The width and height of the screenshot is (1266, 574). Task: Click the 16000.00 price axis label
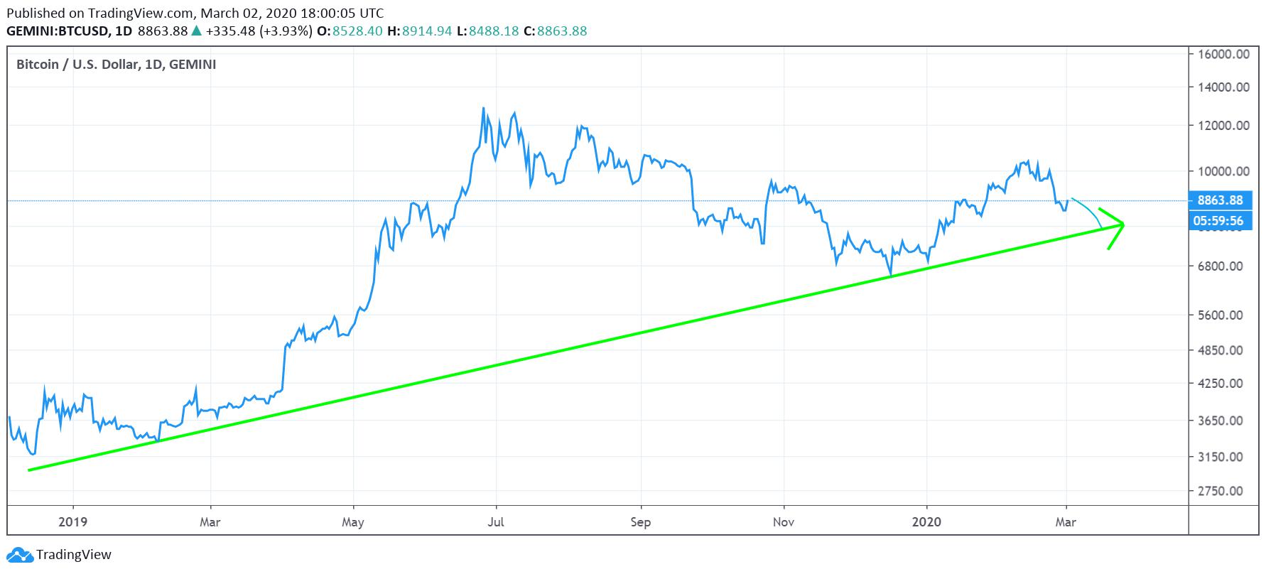tap(1223, 54)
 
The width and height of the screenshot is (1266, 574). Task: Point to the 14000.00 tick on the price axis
tap(1223, 87)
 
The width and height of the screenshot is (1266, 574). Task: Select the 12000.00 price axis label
tap(1223, 126)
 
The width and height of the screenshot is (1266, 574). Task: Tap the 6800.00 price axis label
tap(1223, 266)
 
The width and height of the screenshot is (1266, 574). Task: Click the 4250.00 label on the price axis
tap(1223, 383)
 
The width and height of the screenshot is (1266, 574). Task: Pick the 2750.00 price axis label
tap(1223, 491)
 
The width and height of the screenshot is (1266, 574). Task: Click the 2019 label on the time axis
tap(72, 522)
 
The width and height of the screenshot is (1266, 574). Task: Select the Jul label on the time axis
tap(496, 522)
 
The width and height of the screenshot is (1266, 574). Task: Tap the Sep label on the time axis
tap(641, 522)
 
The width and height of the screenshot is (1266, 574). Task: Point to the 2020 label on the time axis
tap(927, 522)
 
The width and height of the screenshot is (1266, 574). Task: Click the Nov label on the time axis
tap(784, 522)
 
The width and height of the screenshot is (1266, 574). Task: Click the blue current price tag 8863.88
tap(1220, 200)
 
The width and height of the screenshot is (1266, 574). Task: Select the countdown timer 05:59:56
tap(1220, 221)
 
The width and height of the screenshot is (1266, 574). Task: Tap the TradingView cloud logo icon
tap(20, 555)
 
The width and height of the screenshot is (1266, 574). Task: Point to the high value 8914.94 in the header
tap(428, 31)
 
